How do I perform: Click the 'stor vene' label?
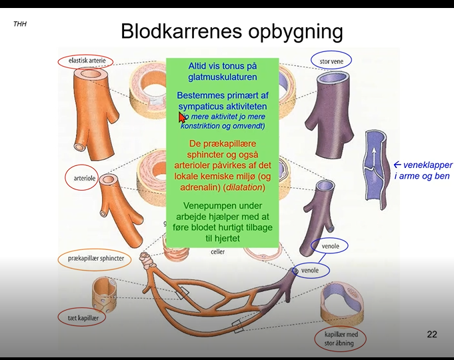point(331,61)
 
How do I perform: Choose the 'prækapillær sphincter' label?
point(95,258)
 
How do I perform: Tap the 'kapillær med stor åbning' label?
point(341,339)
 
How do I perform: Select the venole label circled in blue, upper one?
point(331,246)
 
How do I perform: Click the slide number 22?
point(432,334)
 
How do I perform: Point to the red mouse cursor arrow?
point(182,117)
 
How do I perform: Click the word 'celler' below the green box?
point(218,251)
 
